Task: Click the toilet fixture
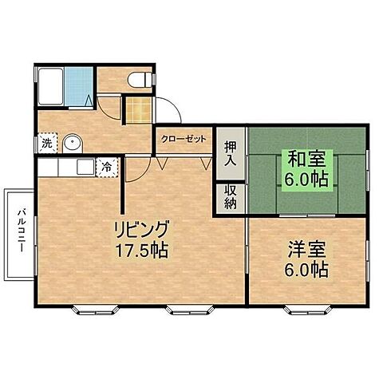coord(139,78)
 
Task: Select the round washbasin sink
coord(73,144)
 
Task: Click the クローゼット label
coord(184,137)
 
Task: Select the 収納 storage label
coord(230,196)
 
